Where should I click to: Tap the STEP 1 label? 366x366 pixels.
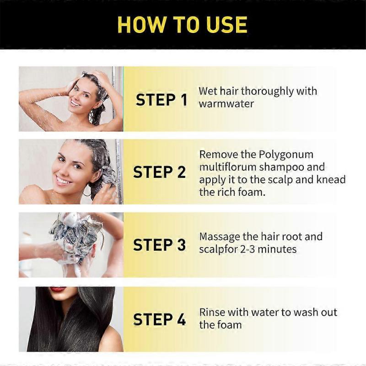(x=161, y=100)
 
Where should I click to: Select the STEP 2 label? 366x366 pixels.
(x=159, y=172)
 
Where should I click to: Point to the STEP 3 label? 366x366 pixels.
(x=159, y=245)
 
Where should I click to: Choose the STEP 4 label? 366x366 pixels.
(x=159, y=319)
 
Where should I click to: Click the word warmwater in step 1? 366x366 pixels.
(x=226, y=103)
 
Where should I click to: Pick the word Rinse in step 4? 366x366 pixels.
(x=212, y=312)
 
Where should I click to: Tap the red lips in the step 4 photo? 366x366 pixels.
(x=58, y=290)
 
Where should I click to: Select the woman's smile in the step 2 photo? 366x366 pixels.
(x=63, y=180)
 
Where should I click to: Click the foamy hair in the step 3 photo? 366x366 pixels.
(x=73, y=233)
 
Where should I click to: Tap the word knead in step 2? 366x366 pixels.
(x=331, y=179)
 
